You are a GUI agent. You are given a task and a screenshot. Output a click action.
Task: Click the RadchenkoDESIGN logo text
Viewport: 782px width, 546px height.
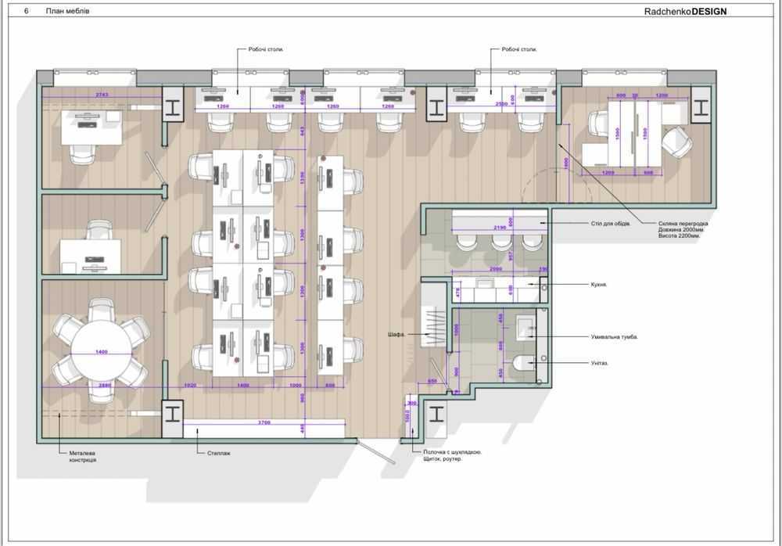[x=685, y=11]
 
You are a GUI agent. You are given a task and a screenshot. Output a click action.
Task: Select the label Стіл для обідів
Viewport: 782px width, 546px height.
[x=611, y=224]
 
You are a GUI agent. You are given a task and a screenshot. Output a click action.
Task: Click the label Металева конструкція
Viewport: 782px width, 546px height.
[x=82, y=456]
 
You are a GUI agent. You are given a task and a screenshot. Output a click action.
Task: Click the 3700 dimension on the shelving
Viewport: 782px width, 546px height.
[x=263, y=422]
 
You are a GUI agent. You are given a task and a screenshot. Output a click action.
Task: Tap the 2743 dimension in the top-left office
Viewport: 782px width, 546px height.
[x=102, y=94]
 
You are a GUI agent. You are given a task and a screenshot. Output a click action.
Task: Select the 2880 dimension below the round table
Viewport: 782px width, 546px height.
[x=106, y=386]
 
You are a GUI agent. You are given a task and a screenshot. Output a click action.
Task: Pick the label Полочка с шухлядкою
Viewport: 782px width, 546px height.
[x=447, y=452]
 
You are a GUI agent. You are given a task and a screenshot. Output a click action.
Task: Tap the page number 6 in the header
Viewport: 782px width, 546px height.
[x=27, y=11]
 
